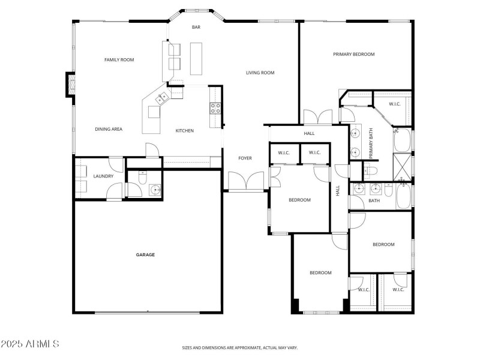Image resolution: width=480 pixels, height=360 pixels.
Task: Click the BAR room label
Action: [x=196, y=27]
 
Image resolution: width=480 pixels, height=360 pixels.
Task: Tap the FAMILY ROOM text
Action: [x=119, y=59]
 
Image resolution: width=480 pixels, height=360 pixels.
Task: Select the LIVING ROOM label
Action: [x=260, y=73]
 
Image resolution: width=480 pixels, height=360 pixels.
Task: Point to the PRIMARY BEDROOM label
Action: [x=354, y=54]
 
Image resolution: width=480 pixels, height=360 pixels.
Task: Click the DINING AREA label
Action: [x=109, y=129]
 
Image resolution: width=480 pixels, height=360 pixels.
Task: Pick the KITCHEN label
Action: [x=184, y=130]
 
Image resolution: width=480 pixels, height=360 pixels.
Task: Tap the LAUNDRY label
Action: [x=103, y=176]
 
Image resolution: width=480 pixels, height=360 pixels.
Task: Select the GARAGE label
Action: [x=145, y=254]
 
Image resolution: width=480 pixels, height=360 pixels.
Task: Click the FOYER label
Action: [x=245, y=158]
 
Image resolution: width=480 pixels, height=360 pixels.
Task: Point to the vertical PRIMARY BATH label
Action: [x=371, y=143]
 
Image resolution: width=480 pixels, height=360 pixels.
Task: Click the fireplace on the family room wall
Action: [x=70, y=85]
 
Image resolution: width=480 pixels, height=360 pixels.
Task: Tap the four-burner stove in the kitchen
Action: [x=215, y=108]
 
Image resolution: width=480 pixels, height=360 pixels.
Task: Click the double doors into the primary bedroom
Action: [x=317, y=117]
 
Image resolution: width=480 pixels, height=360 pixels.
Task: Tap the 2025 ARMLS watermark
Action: [x=30, y=344]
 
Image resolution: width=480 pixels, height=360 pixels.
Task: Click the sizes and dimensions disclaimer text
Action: [x=240, y=347]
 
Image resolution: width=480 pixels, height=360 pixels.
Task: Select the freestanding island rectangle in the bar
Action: [x=196, y=58]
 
